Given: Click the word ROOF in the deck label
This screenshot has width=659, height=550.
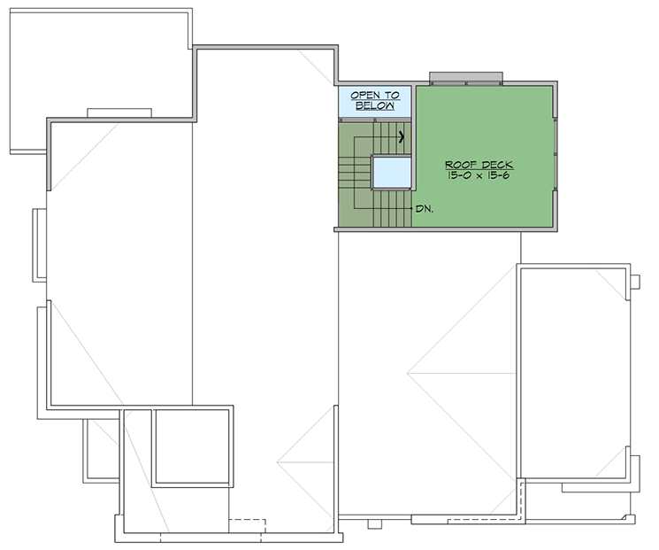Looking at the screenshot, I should coord(459,166).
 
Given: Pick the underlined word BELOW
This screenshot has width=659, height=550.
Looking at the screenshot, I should coord(375,105).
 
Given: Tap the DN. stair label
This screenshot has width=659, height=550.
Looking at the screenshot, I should coord(425,209).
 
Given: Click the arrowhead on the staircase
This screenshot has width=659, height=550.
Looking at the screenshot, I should coord(402,136).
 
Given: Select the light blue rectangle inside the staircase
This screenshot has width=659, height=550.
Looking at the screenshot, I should coord(390,172).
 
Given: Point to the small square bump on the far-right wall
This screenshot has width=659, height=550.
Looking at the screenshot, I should coord(635,283).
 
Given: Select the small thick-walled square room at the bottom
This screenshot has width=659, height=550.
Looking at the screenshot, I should coord(192,446).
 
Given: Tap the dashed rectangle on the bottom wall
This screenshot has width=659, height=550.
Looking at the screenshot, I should coord(247,525).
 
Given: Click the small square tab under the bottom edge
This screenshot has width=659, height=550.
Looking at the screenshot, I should coord(374,523).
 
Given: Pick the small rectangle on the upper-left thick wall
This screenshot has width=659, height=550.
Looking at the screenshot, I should coord(119,112).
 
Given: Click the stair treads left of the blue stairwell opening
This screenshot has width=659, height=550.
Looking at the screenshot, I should coord(355,173).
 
